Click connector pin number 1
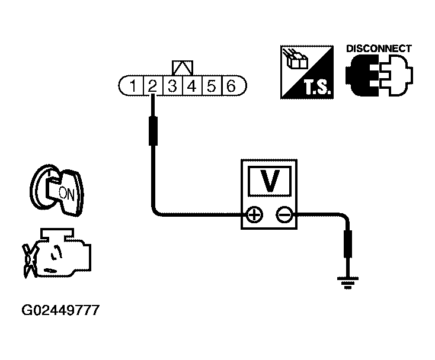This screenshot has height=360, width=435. coord(134,86)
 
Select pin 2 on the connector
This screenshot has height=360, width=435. coord(152,86)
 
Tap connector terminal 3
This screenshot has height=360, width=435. coord(172,86)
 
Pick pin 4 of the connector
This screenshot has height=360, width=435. coord(191,86)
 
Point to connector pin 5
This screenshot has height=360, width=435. coord(211,86)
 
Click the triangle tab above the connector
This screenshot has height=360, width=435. coord(181,67)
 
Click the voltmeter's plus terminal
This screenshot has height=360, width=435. coord(254,215)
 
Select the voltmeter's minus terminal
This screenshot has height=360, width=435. coord(284,215)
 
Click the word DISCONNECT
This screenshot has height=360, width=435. coord(378,49)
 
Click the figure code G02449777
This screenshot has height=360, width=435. coord(60,310)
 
